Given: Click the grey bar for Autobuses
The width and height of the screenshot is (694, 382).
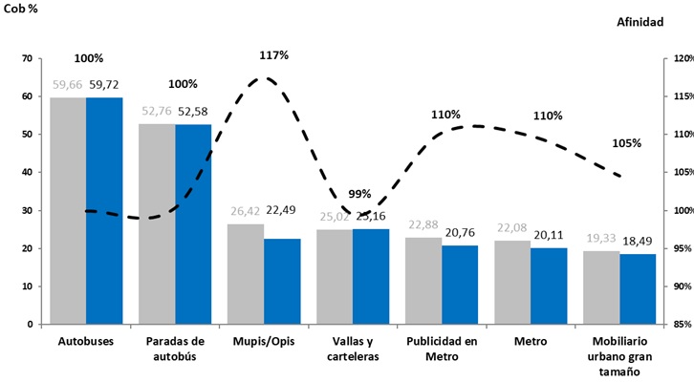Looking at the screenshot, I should point(68,210).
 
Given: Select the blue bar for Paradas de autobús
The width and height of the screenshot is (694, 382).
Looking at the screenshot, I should point(193,224).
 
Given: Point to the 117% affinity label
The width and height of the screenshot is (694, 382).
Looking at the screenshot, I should point(273,54).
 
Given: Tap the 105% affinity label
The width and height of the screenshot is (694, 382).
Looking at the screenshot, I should point(626,143).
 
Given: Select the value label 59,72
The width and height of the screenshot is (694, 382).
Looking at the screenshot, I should point(104,85).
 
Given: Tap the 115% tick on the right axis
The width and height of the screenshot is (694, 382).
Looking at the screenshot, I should point(680,96).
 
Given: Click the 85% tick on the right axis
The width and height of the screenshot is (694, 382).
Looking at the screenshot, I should point(680,324).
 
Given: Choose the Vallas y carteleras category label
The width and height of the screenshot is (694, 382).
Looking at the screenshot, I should point(353,349).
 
